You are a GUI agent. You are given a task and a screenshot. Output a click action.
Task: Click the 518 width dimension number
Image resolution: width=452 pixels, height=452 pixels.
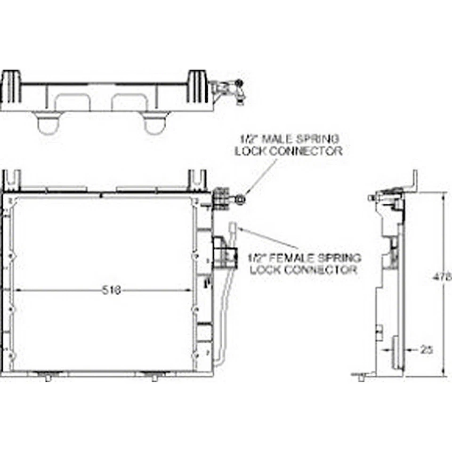tap(112, 290)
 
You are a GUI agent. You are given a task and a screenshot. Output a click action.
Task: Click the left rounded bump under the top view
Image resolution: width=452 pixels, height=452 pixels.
tap(47, 124)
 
